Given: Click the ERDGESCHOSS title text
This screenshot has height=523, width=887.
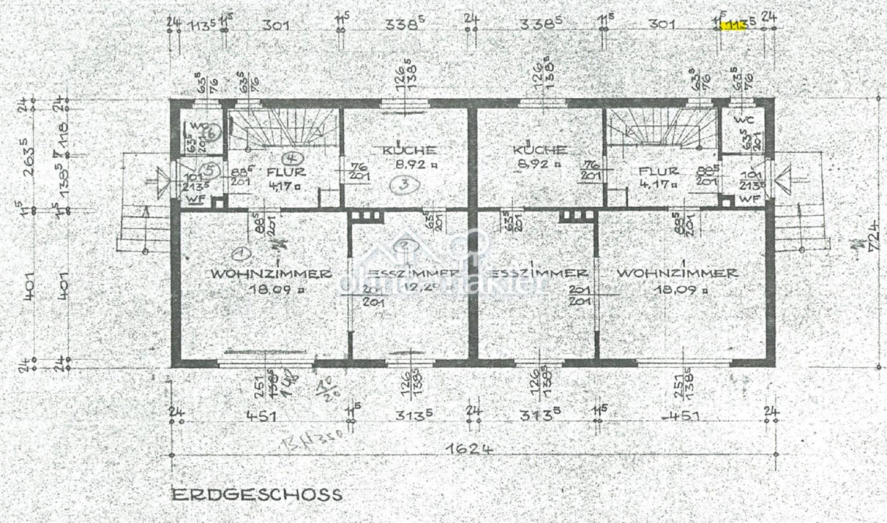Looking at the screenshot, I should coord(257,495).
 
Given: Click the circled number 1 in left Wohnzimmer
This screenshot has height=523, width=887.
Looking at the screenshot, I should coord(238,253).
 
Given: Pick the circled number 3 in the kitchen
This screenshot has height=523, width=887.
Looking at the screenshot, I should coord(400,185).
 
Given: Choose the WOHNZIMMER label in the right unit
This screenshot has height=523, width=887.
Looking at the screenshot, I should coord(677,273).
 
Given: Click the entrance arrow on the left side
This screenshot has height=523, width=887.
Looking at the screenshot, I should coord(163,180).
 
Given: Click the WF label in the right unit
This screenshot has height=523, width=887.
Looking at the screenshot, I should coord(750,199).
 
